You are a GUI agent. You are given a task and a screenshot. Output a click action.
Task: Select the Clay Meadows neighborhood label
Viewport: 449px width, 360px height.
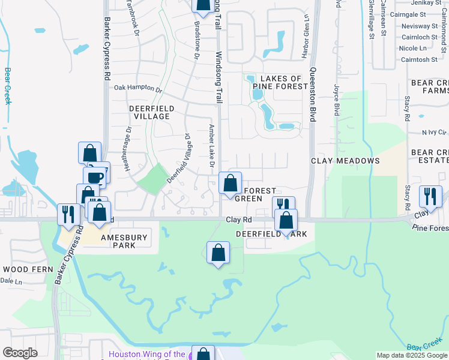click(x=345, y=161)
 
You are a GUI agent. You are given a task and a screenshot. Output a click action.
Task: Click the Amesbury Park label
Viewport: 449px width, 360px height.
click(x=124, y=241)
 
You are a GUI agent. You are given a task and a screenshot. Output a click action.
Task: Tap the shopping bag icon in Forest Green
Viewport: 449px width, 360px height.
click(x=230, y=184)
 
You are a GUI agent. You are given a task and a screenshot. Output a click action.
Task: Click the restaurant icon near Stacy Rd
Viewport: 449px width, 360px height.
click(x=430, y=196)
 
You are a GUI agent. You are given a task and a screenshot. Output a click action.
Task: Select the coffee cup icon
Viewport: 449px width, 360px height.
click(x=95, y=178)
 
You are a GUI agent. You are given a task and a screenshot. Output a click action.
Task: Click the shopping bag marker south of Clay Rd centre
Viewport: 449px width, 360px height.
click(x=218, y=252)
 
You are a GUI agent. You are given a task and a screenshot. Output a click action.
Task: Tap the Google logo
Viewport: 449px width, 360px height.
click(x=20, y=353)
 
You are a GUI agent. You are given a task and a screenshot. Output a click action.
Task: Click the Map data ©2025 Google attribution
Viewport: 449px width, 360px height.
click(x=411, y=355)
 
